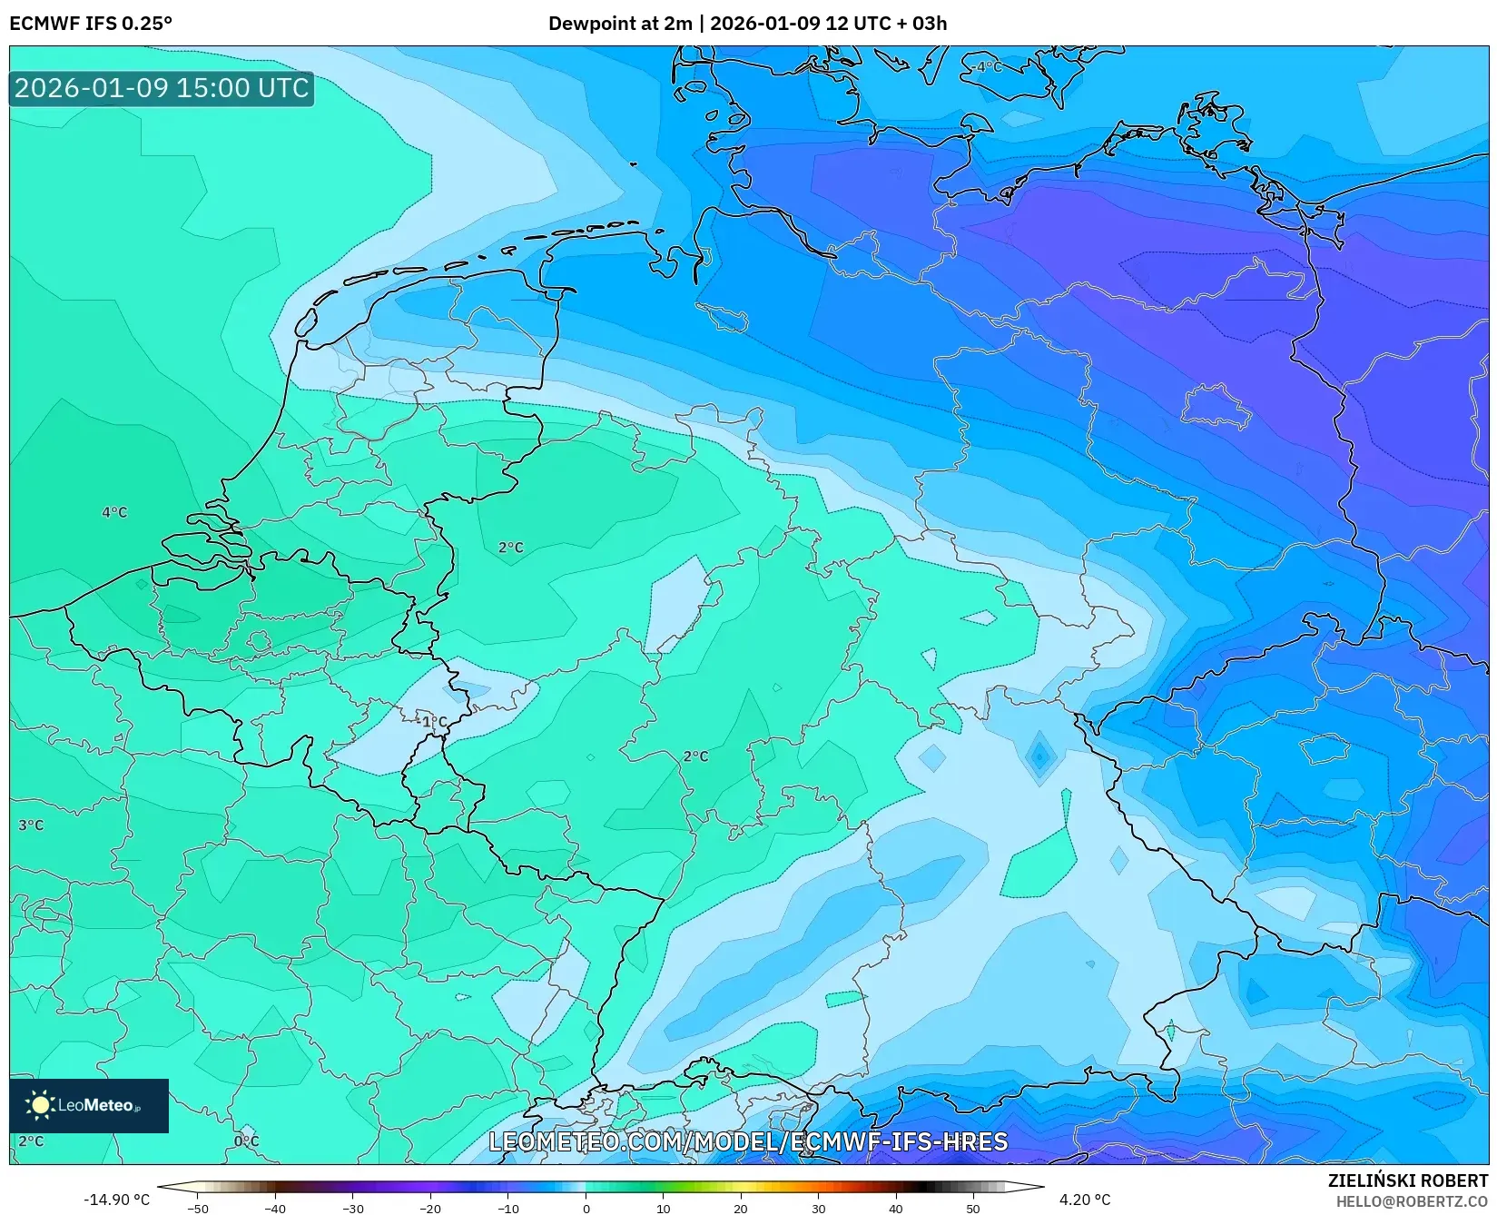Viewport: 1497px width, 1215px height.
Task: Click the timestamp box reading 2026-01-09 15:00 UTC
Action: (x=162, y=88)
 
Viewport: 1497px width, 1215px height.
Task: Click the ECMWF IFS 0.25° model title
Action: (x=90, y=24)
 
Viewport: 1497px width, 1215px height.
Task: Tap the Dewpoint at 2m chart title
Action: (x=747, y=24)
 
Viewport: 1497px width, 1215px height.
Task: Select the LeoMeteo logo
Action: (x=88, y=1105)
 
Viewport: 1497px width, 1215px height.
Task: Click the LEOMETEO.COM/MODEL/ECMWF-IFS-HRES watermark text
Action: (x=748, y=1141)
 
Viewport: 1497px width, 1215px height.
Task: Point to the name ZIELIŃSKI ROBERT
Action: (x=1407, y=1180)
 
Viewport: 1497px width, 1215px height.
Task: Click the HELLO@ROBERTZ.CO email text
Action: (x=1412, y=1200)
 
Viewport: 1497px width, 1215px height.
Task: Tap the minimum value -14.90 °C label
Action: (x=116, y=1200)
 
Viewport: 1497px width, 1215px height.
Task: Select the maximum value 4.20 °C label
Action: (x=1084, y=1200)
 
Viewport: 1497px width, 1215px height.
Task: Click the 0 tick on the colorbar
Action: (x=586, y=1208)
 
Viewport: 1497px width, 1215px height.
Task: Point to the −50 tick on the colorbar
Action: (x=197, y=1208)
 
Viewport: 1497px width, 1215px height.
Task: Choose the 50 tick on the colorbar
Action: (x=973, y=1208)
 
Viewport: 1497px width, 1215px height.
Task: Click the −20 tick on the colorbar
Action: (x=430, y=1208)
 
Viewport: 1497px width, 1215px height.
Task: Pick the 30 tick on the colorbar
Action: (x=818, y=1208)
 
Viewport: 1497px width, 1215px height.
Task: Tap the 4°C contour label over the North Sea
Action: (x=114, y=512)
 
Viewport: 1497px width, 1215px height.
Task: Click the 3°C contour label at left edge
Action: (x=31, y=825)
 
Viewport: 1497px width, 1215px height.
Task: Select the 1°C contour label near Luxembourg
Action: (x=433, y=722)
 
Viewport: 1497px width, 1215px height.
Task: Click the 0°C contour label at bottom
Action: (x=246, y=1141)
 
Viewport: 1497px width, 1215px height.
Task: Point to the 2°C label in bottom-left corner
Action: (x=31, y=1141)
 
